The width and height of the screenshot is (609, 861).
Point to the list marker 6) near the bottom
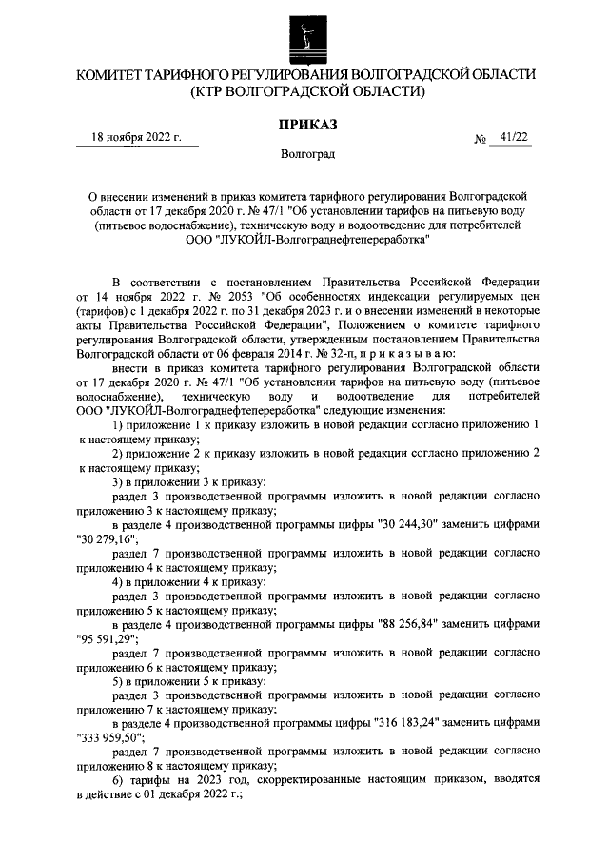point(120,780)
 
